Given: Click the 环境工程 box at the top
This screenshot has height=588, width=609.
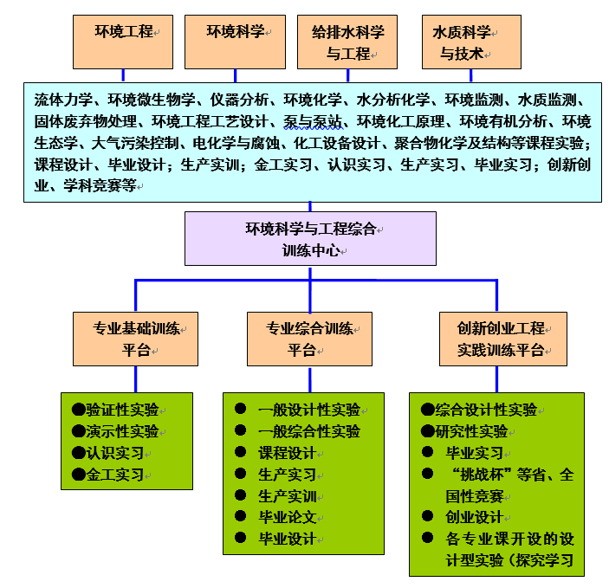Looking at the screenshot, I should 122,42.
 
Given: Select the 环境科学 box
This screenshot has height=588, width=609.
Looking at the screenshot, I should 235,42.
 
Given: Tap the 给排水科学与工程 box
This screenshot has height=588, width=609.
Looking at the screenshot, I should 347,42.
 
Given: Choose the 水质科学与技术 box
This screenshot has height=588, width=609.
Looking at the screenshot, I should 471,42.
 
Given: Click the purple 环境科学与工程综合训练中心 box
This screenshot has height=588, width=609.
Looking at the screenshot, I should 310,239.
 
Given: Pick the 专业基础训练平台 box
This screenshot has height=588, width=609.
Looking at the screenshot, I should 136,339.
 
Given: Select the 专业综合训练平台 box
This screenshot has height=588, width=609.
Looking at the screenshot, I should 309,339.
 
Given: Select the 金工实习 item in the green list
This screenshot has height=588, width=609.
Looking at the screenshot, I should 114,475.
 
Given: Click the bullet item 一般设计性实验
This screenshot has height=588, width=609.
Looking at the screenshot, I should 308,410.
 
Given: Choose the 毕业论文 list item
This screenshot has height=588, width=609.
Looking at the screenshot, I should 288,517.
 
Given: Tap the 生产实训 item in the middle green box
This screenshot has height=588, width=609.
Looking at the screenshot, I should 288,496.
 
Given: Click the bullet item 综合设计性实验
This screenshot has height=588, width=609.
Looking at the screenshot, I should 485,410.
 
